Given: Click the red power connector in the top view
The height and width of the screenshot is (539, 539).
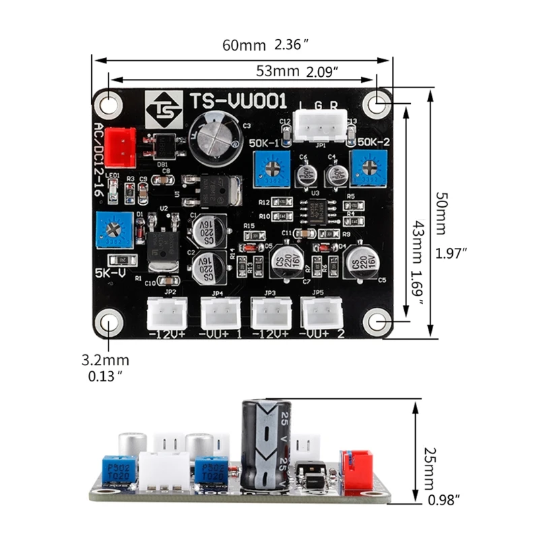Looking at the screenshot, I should click(x=121, y=147).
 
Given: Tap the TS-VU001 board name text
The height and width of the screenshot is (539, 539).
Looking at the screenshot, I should click(x=238, y=102).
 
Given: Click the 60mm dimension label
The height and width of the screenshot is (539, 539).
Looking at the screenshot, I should click(x=244, y=46).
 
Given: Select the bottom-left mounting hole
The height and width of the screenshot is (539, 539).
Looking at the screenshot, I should click(x=108, y=321).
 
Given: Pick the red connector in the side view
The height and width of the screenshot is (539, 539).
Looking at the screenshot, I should click(x=356, y=469).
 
